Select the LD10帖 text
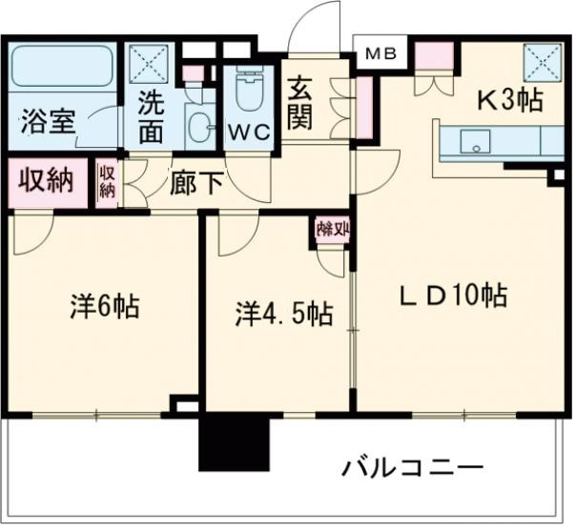tap(451, 296)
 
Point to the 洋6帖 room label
tap(104, 307)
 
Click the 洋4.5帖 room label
tap(284, 314)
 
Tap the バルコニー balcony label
tap(412, 467)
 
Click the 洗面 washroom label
tap(152, 116)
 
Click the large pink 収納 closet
tap(44, 181)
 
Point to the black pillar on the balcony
tap(235, 440)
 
